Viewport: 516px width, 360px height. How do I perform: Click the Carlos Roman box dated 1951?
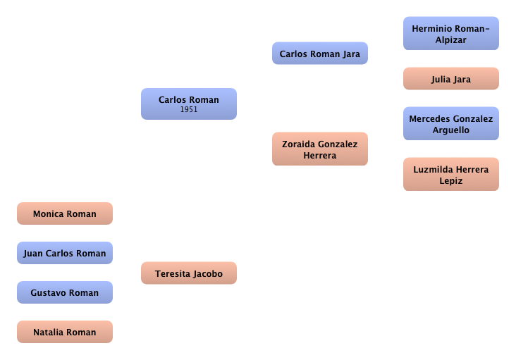[188, 104]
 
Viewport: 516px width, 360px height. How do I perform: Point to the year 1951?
[189, 110]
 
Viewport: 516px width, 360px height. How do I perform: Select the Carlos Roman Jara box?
[319, 54]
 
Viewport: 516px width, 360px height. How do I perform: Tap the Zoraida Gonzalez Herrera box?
[319, 149]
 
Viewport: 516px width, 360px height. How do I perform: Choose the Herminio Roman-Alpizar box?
[450, 34]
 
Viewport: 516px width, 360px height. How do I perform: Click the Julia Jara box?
[450, 79]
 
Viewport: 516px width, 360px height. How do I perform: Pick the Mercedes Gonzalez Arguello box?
[450, 124]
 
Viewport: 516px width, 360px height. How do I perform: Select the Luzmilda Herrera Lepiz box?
[450, 175]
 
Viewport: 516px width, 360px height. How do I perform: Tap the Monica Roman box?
[64, 214]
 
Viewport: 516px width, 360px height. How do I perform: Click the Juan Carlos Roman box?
[64, 254]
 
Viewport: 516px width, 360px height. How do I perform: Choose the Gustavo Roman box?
[64, 293]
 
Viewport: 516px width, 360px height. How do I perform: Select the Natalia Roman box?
[64, 333]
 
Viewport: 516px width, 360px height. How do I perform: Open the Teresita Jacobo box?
[188, 273]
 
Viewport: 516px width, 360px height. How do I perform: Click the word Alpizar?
[450, 40]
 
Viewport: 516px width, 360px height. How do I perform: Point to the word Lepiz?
[450, 181]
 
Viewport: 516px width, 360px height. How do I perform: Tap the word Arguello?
[450, 130]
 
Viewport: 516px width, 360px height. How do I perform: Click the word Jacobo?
[207, 274]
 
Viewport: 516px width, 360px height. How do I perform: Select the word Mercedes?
[429, 119]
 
